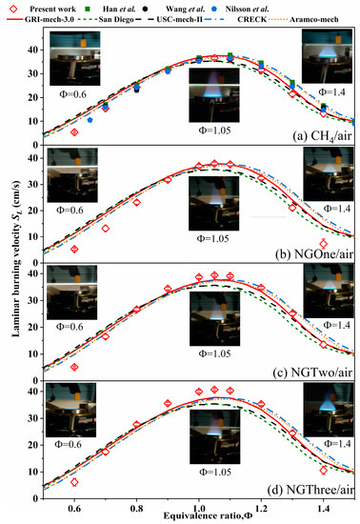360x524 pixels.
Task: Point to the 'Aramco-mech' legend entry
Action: pos(329,19)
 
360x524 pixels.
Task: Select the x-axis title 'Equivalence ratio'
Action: pos(200,516)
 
